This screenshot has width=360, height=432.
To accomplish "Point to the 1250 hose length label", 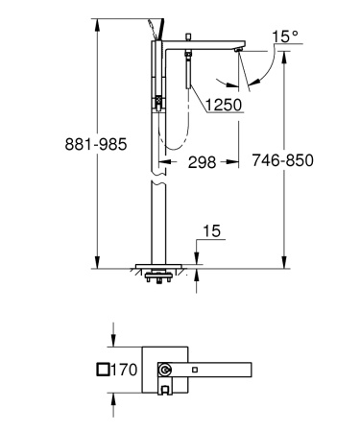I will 220,103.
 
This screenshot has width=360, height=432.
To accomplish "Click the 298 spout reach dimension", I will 200,162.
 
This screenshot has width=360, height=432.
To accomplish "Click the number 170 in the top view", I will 126,370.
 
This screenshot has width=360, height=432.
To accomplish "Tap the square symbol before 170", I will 104,370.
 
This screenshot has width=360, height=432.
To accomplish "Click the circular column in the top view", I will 165,370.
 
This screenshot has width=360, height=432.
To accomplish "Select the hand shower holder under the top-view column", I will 165,390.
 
